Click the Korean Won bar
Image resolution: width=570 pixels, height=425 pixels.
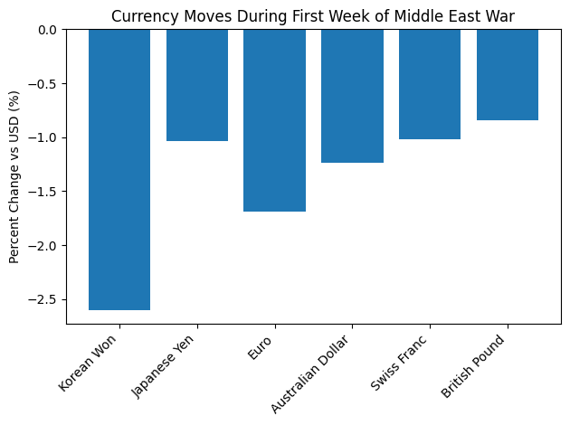(x=119, y=169)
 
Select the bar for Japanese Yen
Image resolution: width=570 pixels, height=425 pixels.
(x=197, y=85)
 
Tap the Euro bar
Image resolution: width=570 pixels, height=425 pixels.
(x=275, y=120)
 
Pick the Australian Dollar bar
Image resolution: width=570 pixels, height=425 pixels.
(x=352, y=96)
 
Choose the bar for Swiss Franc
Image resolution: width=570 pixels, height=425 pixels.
(x=430, y=84)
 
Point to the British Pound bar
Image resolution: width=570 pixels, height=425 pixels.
(x=508, y=74)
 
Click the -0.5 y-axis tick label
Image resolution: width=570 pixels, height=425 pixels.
(x=43, y=84)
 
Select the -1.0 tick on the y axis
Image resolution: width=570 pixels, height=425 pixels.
(x=43, y=137)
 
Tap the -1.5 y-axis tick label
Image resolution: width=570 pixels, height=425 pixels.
(x=43, y=192)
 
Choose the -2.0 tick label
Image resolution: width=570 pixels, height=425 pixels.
(x=43, y=246)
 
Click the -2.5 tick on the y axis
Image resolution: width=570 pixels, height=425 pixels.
(x=43, y=299)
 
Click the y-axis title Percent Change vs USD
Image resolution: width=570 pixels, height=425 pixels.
(x=14, y=176)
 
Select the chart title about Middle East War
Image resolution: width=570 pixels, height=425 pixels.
(x=313, y=14)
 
